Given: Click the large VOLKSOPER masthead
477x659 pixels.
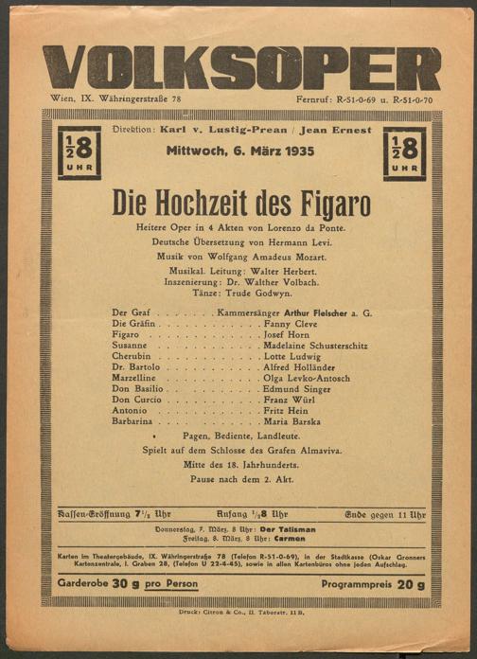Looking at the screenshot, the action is (241, 67).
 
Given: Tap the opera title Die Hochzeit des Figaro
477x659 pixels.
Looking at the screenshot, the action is (241, 203).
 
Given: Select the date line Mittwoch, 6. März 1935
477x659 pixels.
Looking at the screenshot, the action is (240, 151).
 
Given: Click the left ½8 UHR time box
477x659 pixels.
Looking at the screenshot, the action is (79, 152).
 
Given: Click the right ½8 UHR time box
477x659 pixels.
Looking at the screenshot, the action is (404, 152).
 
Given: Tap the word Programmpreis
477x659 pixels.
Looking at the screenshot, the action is (349, 584).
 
